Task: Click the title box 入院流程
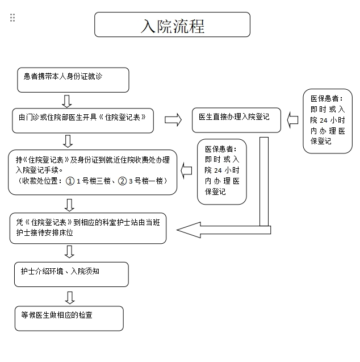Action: point(172,25)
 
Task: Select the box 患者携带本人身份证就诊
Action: point(73,80)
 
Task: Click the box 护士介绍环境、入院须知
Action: point(70,275)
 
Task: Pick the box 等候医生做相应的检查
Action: point(69,318)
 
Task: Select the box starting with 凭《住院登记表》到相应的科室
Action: point(88,228)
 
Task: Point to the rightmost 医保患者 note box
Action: point(328,121)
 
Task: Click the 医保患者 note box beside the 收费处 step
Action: point(222,171)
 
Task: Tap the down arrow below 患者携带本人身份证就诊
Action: point(67,101)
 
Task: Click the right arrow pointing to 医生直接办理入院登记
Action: point(173,120)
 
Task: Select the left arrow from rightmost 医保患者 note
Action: point(292,120)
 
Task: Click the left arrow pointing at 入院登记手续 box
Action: point(186,169)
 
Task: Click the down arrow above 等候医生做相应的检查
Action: point(69,297)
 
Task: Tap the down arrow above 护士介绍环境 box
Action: point(69,252)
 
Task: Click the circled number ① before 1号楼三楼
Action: point(70,182)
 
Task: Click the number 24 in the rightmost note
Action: point(323,120)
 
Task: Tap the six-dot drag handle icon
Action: point(12,18)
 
